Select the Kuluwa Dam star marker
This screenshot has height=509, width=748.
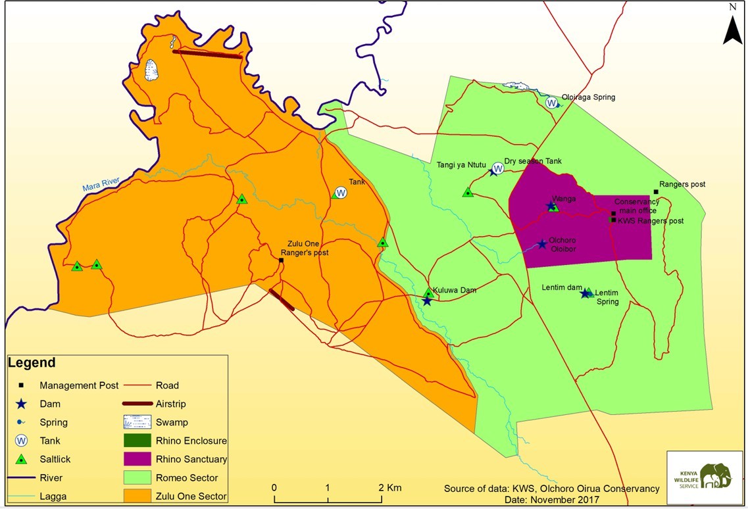tap(426, 301)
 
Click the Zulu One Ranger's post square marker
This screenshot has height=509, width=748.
tap(281, 260)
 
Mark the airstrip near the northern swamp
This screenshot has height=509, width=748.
tap(207, 55)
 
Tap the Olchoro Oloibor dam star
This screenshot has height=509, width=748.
tap(541, 244)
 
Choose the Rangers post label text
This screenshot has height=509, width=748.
tap(682, 184)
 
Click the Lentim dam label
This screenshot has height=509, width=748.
tap(562, 287)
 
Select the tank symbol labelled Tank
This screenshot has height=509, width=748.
tap(341, 193)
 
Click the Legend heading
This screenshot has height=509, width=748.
tap(32, 363)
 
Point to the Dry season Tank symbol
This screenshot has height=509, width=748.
tap(498, 168)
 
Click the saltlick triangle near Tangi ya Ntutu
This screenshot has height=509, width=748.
tap(468, 192)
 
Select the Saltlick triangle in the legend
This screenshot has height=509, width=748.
tap(22, 459)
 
